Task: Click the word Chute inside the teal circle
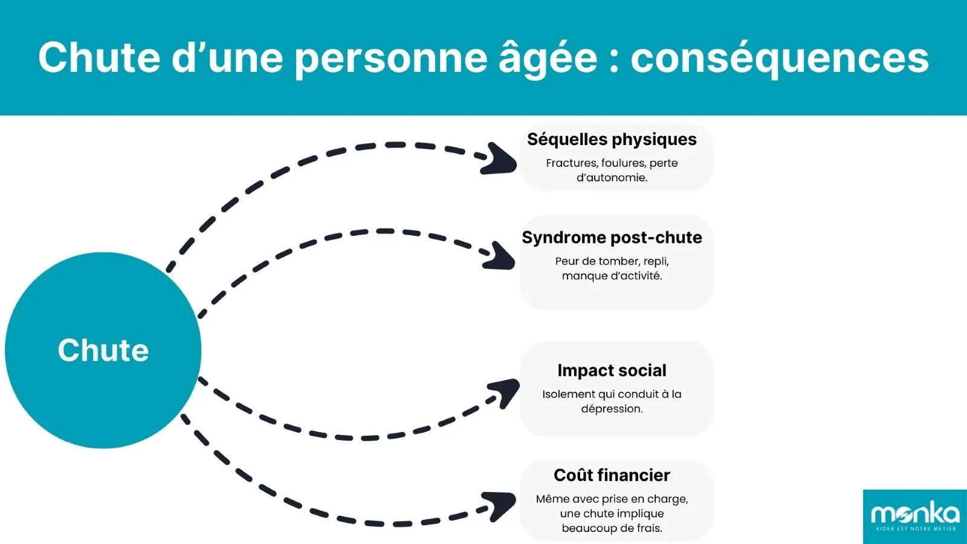pos(103,350)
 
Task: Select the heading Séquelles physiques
pos(612,140)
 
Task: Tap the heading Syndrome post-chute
pos(612,238)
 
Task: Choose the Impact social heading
pos(612,371)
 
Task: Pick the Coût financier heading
pos(612,476)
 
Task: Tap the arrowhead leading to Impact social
pos(505,392)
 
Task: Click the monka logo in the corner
pos(914,514)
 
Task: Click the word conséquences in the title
pos(780,58)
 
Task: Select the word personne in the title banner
pos(390,58)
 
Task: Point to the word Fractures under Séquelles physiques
pos(571,163)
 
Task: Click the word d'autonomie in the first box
pos(612,178)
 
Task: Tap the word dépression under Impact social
pos(612,409)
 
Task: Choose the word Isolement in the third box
pos(569,394)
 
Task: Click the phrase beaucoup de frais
pos(612,528)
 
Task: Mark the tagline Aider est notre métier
pos(916,529)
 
